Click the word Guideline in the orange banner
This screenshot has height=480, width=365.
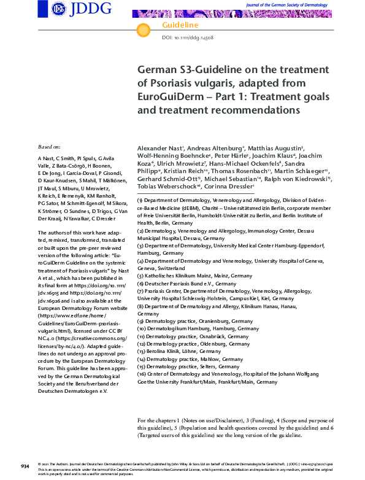pos(180,25)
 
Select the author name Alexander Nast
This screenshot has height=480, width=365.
pos(158,149)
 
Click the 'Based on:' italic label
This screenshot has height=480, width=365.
pos(49,148)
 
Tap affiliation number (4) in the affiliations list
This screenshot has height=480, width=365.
pos(140,261)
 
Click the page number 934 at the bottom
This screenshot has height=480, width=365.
pos(25,467)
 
